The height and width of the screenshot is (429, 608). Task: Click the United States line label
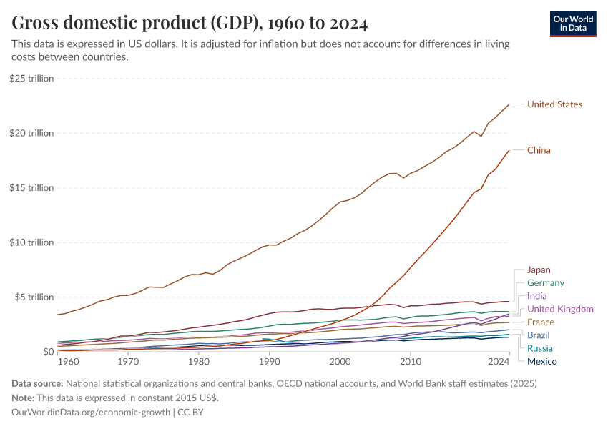coord(554,104)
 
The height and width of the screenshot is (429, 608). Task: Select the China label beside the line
coord(539,150)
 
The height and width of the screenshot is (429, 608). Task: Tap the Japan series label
coord(539,270)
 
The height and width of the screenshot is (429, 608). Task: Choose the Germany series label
coord(545,283)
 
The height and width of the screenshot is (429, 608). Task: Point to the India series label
coord(537,296)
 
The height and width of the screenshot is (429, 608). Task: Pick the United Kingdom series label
coord(560,309)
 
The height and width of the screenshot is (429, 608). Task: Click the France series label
coord(540,322)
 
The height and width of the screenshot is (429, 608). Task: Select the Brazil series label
coord(539,335)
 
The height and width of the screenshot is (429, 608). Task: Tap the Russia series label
coord(540,348)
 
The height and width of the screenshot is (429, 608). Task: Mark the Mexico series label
coord(541,361)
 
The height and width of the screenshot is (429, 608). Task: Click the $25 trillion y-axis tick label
coord(32,79)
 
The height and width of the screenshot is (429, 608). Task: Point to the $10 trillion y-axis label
coord(32,242)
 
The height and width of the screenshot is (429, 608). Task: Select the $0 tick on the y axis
coord(47,352)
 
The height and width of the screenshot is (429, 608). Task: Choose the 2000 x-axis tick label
coord(340,361)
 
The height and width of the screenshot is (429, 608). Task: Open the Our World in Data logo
coord(573,24)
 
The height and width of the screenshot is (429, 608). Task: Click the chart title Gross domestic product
coord(190,24)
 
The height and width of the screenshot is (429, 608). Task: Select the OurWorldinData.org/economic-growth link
coord(91,412)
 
